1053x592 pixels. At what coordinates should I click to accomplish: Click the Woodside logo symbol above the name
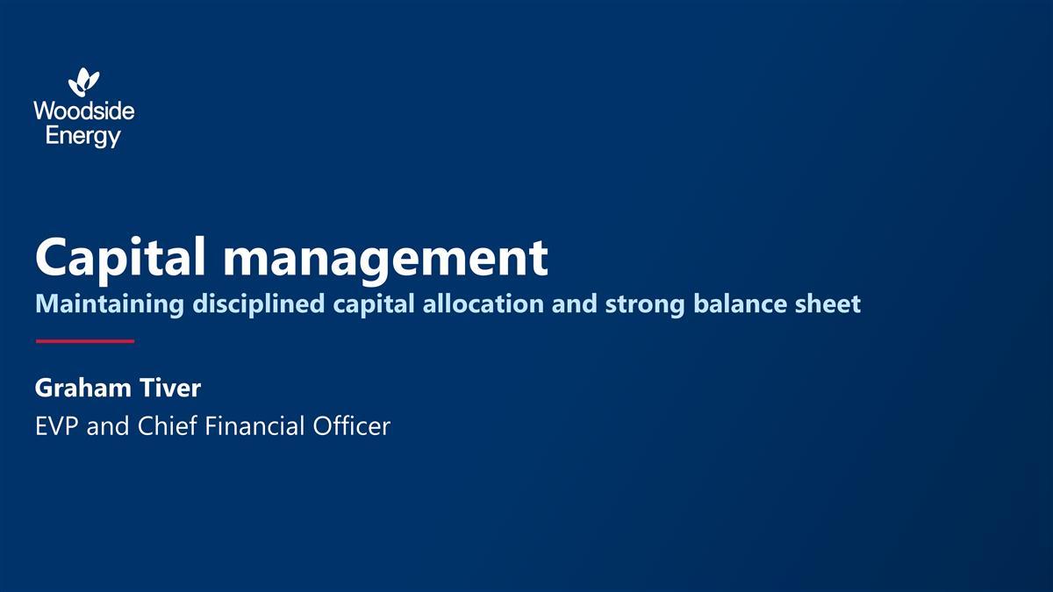tap(84, 82)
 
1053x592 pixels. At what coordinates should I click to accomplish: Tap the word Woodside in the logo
tap(84, 112)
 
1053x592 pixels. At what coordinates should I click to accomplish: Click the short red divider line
tap(84, 341)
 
